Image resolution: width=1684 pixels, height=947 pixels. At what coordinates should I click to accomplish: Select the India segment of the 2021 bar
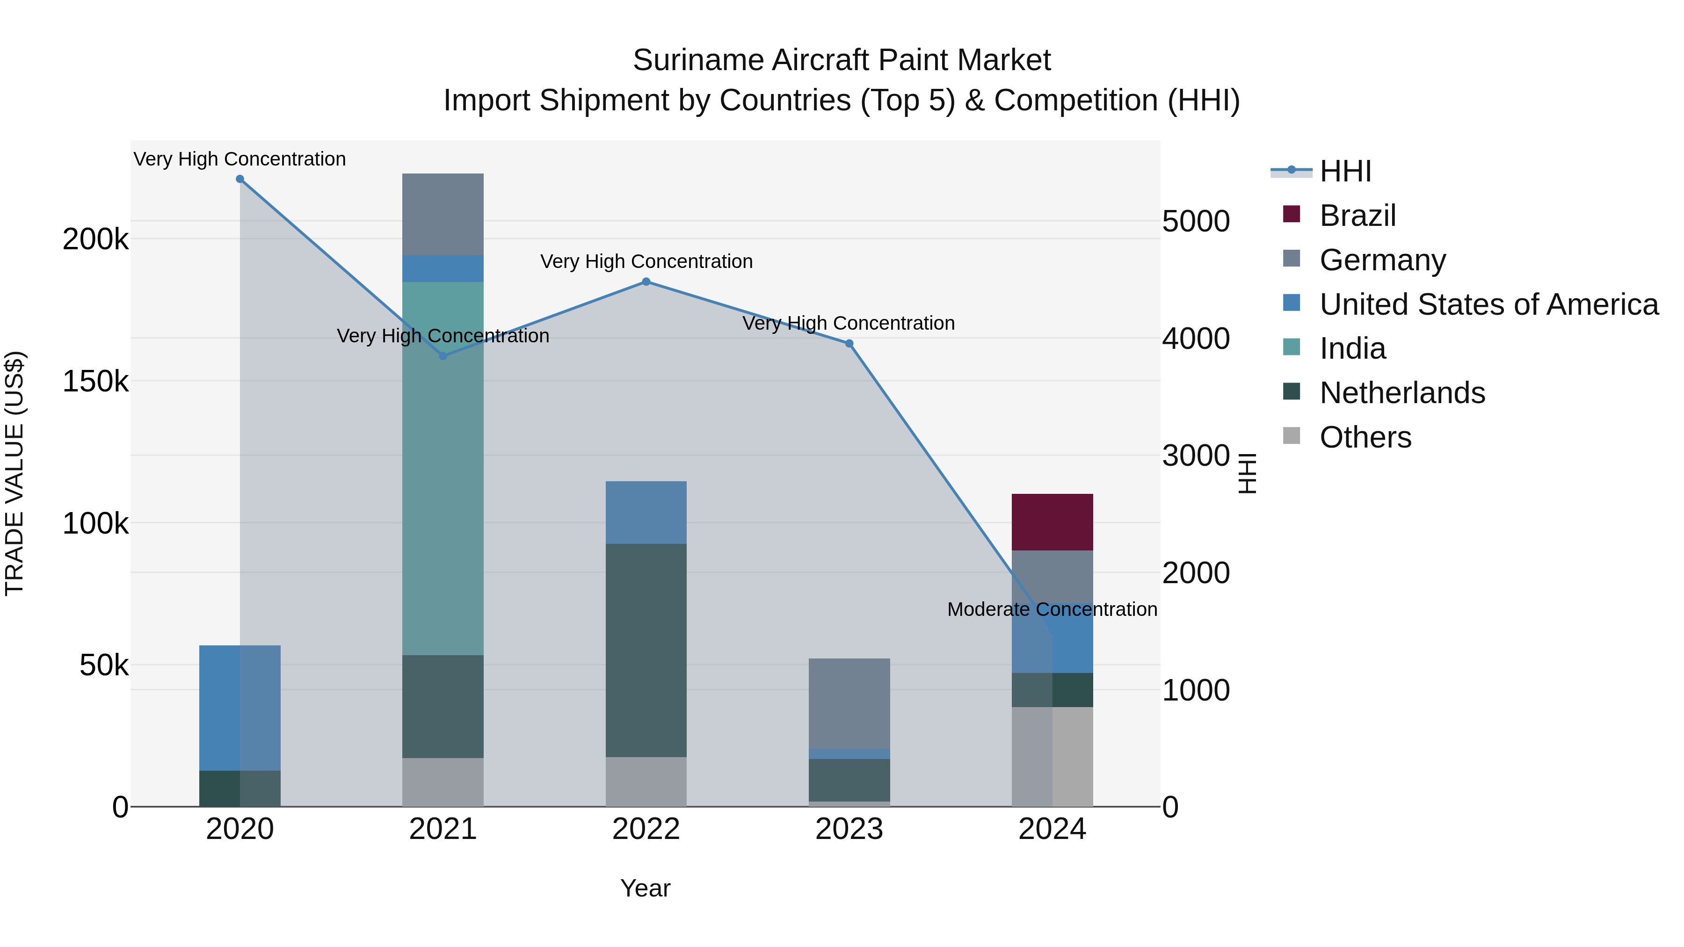(x=443, y=468)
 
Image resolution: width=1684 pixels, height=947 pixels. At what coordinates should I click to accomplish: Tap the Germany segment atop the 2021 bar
(x=443, y=214)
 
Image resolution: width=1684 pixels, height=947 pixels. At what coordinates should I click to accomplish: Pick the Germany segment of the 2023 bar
(x=849, y=703)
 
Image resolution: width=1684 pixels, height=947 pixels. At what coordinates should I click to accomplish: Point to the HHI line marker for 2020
(x=240, y=179)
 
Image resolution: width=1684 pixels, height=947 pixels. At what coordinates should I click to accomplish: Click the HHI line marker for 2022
(x=646, y=282)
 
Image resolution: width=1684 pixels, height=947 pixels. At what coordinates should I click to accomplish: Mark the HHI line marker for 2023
(x=849, y=344)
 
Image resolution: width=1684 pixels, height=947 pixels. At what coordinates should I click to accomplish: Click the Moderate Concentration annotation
(x=1052, y=609)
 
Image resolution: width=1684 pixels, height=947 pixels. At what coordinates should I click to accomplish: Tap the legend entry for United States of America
(x=1488, y=304)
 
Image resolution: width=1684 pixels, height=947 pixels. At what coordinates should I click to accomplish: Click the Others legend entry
(x=1365, y=437)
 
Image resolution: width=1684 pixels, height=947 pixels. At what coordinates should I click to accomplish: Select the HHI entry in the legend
(x=1345, y=171)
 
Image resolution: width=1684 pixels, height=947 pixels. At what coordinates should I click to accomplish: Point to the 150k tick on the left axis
(x=95, y=381)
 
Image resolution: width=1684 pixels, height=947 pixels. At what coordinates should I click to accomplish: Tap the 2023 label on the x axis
(x=849, y=829)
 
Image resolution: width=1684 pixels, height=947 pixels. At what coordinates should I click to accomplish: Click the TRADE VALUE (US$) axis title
(x=15, y=473)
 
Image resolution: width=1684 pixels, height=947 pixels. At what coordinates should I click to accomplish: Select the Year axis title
(x=645, y=888)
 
